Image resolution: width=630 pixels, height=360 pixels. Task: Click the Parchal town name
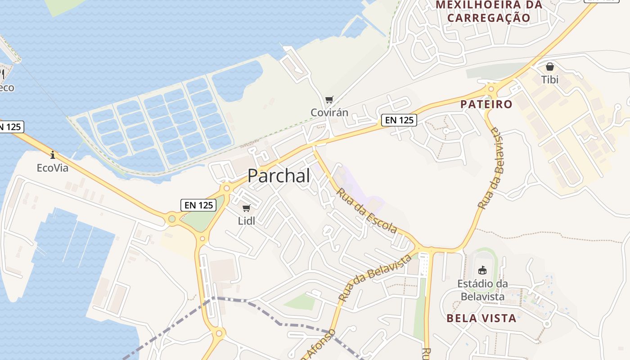279,175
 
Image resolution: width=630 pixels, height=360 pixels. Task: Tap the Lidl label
246,220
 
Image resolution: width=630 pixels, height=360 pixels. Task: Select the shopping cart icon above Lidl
246,208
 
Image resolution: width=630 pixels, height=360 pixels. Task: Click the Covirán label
329,112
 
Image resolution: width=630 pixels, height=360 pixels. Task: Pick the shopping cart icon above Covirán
329,99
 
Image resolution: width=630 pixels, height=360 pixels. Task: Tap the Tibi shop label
549,80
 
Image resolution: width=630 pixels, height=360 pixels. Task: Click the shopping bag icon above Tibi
549,67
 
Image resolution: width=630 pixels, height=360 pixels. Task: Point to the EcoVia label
53,168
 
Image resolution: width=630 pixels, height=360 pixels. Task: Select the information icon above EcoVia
53,155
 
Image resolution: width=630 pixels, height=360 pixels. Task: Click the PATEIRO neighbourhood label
486,104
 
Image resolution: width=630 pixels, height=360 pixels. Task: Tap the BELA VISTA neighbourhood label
481,318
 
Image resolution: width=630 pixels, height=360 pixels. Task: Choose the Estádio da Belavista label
482,290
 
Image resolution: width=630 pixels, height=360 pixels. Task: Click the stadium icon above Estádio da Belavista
482,270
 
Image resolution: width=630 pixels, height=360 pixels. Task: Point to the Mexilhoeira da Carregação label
489,11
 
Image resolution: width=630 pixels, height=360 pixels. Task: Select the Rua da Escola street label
366,210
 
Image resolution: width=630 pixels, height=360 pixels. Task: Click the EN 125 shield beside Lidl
198,205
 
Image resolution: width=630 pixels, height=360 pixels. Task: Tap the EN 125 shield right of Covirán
399,120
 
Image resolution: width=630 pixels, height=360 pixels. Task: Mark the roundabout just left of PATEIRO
491,89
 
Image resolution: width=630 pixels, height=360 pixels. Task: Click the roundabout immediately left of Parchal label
226,188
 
